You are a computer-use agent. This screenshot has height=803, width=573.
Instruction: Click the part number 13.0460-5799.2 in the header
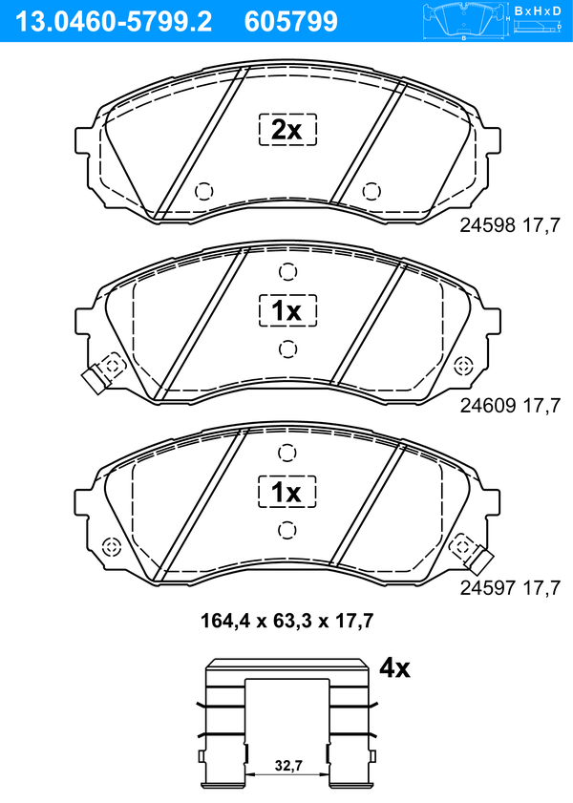pyautogui.click(x=114, y=22)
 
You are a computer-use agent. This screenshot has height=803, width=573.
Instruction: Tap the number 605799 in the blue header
pyautogui.click(x=291, y=22)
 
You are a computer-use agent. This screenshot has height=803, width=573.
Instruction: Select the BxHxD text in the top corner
pyautogui.click(x=538, y=11)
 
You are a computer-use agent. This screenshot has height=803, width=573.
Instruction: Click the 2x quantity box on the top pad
pyautogui.click(x=287, y=130)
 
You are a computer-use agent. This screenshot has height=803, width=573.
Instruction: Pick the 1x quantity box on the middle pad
pyautogui.click(x=287, y=310)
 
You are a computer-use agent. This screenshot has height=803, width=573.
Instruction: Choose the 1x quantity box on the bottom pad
pyautogui.click(x=286, y=492)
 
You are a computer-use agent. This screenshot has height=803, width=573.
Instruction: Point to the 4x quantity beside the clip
pyautogui.click(x=394, y=667)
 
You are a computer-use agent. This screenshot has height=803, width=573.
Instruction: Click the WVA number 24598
pyautogui.click(x=487, y=224)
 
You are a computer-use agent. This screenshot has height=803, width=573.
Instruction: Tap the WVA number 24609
pyautogui.click(x=487, y=406)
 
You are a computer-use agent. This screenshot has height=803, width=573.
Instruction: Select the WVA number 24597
pyautogui.click(x=487, y=587)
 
